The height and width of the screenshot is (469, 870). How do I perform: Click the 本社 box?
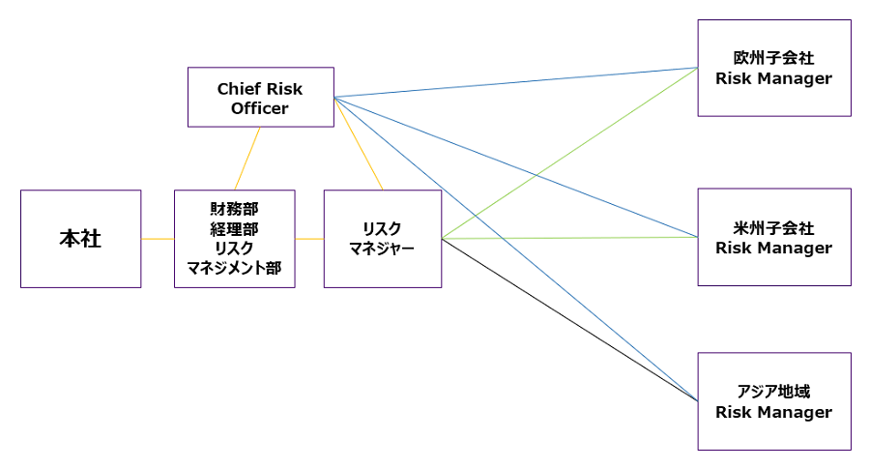[x=80, y=239]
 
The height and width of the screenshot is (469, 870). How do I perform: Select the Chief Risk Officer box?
[x=260, y=97]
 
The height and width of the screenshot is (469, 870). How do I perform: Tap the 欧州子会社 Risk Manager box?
[x=773, y=68]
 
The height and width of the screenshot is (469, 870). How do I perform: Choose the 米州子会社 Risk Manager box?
[x=773, y=237]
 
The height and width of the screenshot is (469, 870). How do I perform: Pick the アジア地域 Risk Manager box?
[x=773, y=401]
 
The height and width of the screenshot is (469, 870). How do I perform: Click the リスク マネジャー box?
[x=383, y=239]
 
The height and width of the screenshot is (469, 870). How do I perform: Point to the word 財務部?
[x=234, y=208]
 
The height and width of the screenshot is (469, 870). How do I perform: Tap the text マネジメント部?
[x=234, y=269]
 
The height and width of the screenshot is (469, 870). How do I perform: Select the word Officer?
[x=260, y=108]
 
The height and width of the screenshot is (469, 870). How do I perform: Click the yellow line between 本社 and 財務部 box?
[x=158, y=239]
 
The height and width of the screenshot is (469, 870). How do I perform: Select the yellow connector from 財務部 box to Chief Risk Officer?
[x=247, y=159]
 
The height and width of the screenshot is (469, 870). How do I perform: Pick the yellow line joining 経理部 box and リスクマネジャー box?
[x=309, y=239]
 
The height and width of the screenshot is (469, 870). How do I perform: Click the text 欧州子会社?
[x=773, y=58]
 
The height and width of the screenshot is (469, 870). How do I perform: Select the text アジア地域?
[x=773, y=392]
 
